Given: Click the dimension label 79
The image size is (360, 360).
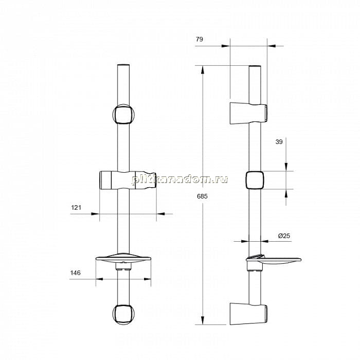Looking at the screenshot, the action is pyautogui.click(x=200, y=39).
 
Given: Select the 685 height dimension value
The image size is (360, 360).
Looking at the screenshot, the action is pyautogui.click(x=202, y=196).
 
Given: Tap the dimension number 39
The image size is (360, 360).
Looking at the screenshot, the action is pyautogui.click(x=279, y=142).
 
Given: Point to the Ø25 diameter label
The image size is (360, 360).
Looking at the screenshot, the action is pyautogui.click(x=284, y=236).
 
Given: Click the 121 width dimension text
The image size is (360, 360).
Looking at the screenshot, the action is pyautogui.click(x=76, y=208).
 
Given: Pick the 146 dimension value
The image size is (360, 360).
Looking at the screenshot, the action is pyautogui.click(x=75, y=273).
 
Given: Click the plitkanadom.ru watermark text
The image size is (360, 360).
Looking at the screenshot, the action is pyautogui.click(x=180, y=179).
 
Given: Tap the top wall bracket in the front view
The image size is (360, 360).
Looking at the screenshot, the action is pyautogui.click(x=123, y=114).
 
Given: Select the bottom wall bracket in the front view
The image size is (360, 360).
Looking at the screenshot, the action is pyautogui.click(x=123, y=314).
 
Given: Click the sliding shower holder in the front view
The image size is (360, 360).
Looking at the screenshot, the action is pyautogui.click(x=128, y=180).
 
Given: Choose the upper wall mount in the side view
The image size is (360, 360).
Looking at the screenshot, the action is pyautogui.click(x=248, y=114).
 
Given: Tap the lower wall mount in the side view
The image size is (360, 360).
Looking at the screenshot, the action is pyautogui.click(x=248, y=314).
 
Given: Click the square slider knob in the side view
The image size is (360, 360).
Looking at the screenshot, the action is pyautogui.click(x=255, y=180).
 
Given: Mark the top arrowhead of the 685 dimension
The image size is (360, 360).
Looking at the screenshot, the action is pyautogui.click(x=203, y=70).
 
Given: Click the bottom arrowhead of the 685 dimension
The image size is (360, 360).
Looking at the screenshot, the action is pyautogui.click(x=203, y=320).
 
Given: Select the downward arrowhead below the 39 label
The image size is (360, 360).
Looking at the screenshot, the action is pyautogui.click(x=286, y=167).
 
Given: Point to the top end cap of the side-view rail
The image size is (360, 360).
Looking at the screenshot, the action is pyautogui.click(x=255, y=66).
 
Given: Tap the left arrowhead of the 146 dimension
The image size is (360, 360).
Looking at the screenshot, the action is pyautogui.click(x=100, y=279).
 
